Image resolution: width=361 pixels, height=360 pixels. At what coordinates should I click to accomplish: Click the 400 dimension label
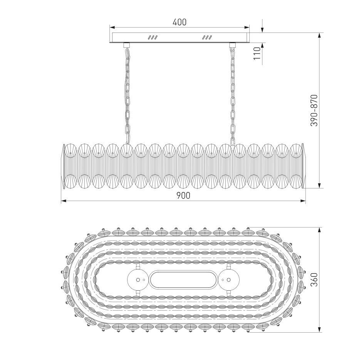pyautogui.click(x=180, y=22)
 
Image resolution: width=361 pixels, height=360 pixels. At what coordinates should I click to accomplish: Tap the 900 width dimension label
pyautogui.click(x=183, y=195)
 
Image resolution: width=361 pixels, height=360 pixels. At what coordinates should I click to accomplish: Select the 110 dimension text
pyautogui.click(x=257, y=53)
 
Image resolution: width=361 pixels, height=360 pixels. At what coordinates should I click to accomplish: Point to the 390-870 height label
pyautogui.click(x=314, y=110)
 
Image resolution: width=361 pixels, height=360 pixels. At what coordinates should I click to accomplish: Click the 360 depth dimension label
pyautogui.click(x=314, y=280)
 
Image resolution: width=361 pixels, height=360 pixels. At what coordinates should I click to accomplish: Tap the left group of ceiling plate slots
pyautogui.click(x=153, y=37)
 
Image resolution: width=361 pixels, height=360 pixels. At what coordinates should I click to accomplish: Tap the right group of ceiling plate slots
pyautogui.click(x=207, y=37)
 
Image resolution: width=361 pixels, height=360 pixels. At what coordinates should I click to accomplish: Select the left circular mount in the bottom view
pyautogui.click(x=138, y=280)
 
